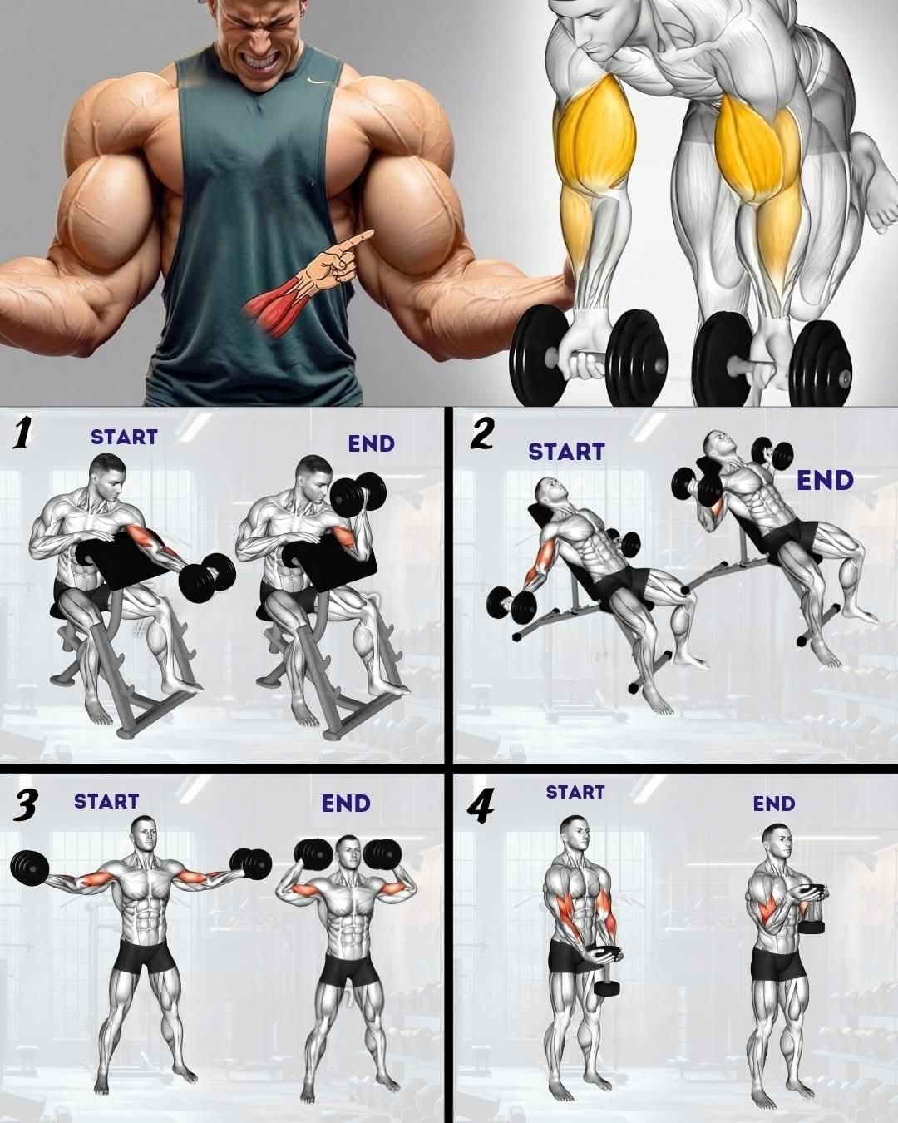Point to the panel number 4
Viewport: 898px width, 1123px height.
[480, 809]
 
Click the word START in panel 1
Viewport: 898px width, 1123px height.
[124, 437]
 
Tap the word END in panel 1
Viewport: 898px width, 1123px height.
[371, 443]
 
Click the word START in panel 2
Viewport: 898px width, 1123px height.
[566, 452]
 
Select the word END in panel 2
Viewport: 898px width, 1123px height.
[825, 481]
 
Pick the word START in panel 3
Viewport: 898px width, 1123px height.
[106, 802]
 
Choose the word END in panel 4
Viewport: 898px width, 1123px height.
[774, 804]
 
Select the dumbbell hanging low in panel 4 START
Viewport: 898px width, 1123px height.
[606, 988]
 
